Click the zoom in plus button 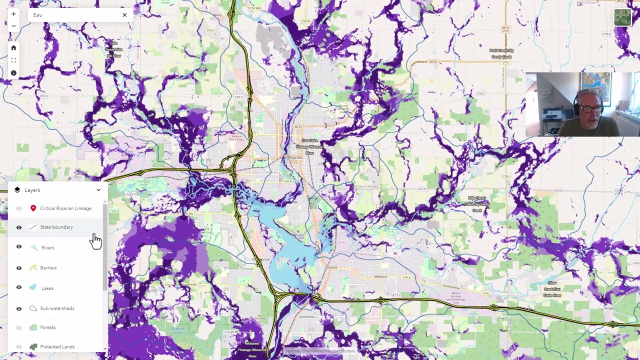click(x=13, y=14)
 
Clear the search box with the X click(x=124, y=15)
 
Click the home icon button click(x=13, y=48)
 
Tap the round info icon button click(x=13, y=73)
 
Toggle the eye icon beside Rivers click(x=19, y=246)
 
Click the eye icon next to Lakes click(x=19, y=287)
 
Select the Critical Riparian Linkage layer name click(x=65, y=208)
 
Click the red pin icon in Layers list click(x=33, y=208)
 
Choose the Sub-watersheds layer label click(x=57, y=308)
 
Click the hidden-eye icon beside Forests click(x=19, y=327)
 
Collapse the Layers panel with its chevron click(x=98, y=190)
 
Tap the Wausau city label click(x=295, y=157)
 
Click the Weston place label click(x=380, y=276)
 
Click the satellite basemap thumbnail click(x=622, y=17)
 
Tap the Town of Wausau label click(x=366, y=186)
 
